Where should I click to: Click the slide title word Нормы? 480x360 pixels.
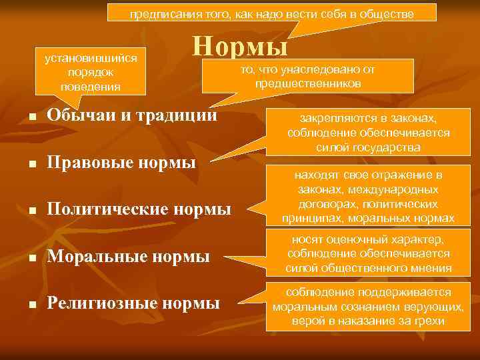pos(240,47)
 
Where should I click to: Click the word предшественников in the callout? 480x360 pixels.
pos(307,83)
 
